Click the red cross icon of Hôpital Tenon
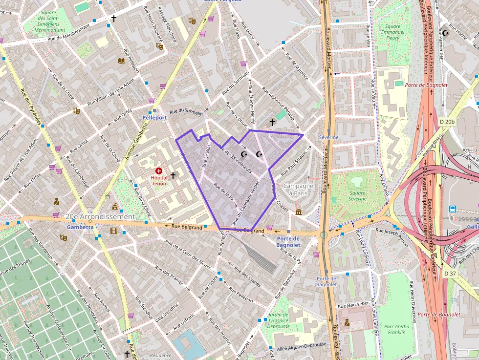[159, 171]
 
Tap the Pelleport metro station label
[154, 118]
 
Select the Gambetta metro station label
[80, 227]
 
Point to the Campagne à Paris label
[298, 189]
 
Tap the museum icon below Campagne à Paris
[299, 212]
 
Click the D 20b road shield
[446, 121]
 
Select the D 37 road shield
[450, 274]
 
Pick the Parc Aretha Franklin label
[395, 329]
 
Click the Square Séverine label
[358, 196]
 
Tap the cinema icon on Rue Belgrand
[114, 231]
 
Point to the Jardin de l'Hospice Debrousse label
[279, 320]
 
